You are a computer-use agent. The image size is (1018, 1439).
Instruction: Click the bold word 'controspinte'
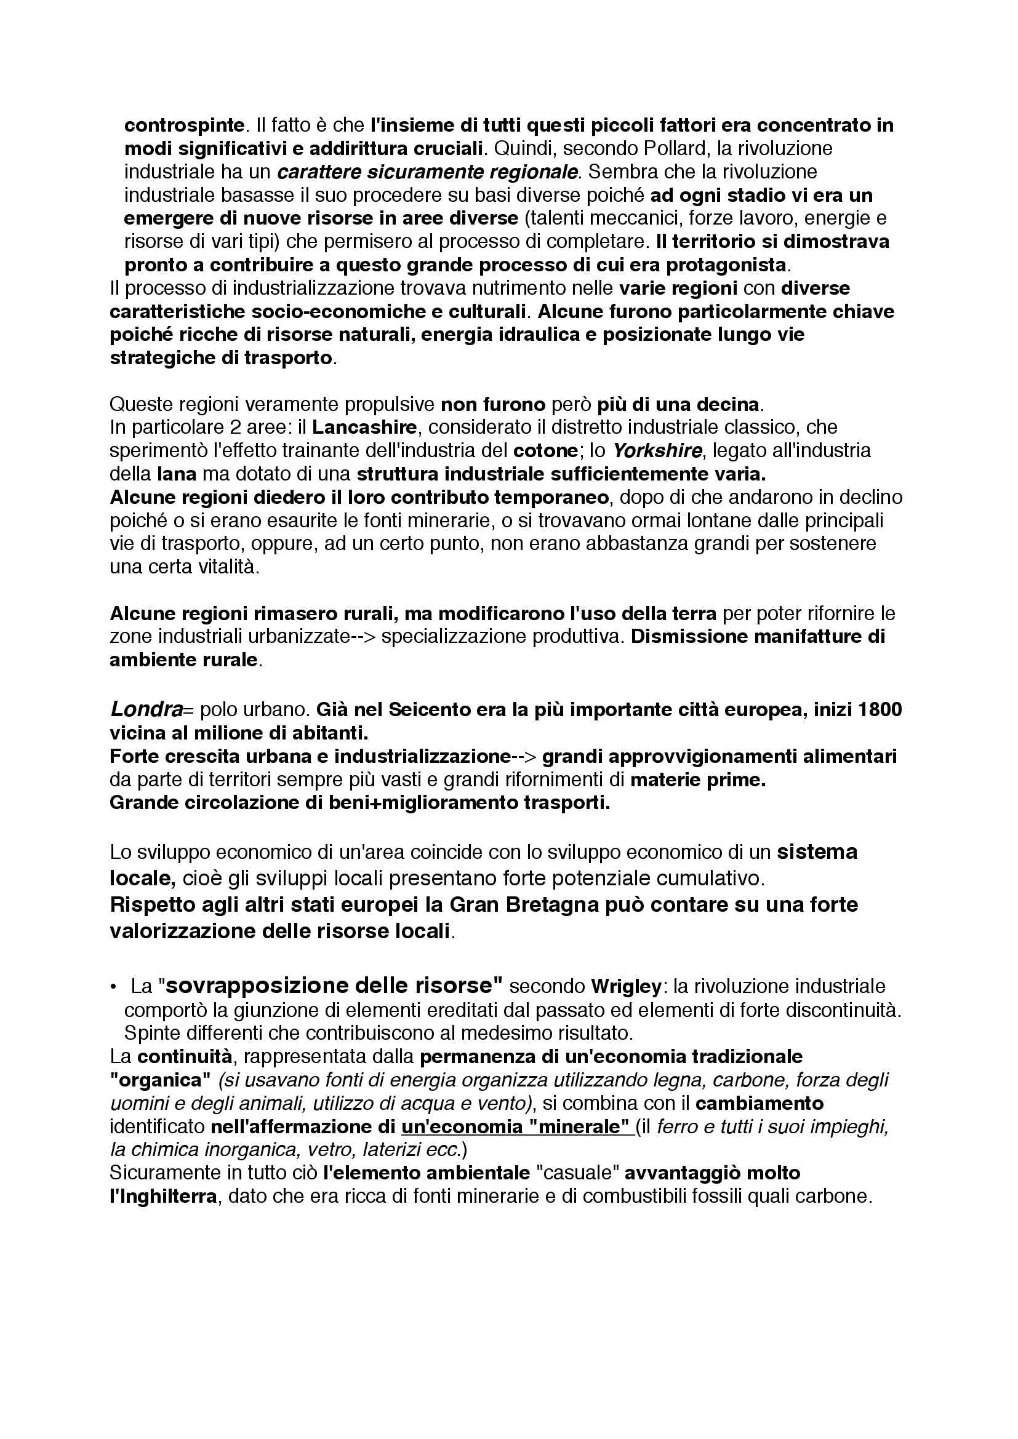pyautogui.click(x=183, y=126)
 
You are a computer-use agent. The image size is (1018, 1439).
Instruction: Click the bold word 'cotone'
pyautogui.click(x=545, y=450)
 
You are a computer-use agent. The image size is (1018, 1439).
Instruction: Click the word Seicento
pyautogui.click(x=430, y=709)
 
